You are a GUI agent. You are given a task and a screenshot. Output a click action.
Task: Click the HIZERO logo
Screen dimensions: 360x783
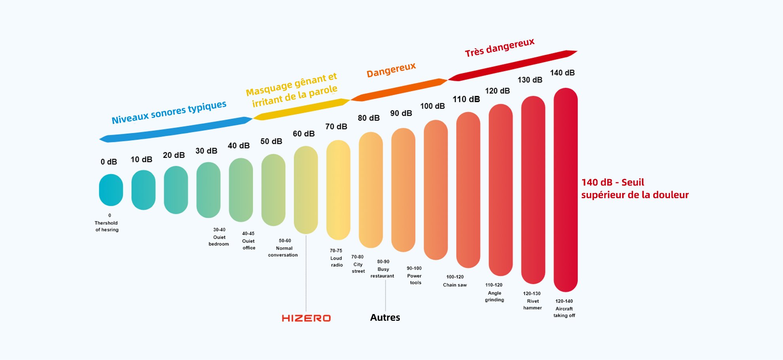306,318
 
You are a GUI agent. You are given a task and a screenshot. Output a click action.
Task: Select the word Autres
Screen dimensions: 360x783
385,317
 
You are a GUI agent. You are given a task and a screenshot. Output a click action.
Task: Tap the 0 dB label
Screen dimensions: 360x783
109,162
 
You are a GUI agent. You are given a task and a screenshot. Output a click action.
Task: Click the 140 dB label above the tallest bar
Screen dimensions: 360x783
562,73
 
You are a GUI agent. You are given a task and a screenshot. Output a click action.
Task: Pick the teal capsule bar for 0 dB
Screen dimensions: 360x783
111,190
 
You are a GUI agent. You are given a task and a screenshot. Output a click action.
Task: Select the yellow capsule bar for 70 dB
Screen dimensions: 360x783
338,190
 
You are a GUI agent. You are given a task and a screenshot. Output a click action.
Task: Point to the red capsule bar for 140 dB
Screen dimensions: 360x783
565,190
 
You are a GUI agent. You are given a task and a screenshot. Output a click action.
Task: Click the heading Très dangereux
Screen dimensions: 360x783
499,48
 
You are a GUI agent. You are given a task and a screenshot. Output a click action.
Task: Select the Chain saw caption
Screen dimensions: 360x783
455,281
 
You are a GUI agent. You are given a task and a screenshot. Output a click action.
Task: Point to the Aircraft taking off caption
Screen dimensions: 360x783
564,308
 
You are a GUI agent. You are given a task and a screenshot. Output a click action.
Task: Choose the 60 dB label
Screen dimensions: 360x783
304,134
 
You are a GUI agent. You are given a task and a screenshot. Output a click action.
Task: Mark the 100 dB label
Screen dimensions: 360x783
432,106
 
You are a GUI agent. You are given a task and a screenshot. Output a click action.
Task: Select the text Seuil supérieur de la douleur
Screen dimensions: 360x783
635,189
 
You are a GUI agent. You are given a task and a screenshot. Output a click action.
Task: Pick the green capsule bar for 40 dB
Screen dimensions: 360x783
241,190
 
